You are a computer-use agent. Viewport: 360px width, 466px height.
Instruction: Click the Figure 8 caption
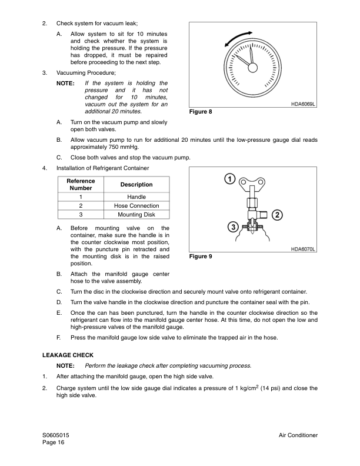(200, 112)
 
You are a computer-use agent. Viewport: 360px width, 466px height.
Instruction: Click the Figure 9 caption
(200, 257)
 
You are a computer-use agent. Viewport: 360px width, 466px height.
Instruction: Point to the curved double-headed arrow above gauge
(238, 39)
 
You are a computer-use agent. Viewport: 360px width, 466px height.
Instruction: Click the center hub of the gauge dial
(252, 68)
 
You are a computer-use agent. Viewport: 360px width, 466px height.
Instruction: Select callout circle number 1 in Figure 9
(229, 179)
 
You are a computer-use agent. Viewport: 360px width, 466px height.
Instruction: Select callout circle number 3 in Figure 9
(233, 227)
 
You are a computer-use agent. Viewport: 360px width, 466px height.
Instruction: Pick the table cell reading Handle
(136, 197)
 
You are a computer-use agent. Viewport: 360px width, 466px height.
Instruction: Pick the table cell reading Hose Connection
(136, 205)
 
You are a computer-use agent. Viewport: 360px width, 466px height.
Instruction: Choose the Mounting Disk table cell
(136, 215)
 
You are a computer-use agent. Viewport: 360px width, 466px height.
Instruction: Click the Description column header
(136, 184)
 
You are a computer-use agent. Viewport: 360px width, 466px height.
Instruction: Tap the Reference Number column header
(81, 184)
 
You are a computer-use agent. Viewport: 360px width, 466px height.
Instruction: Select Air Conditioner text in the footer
(298, 435)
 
